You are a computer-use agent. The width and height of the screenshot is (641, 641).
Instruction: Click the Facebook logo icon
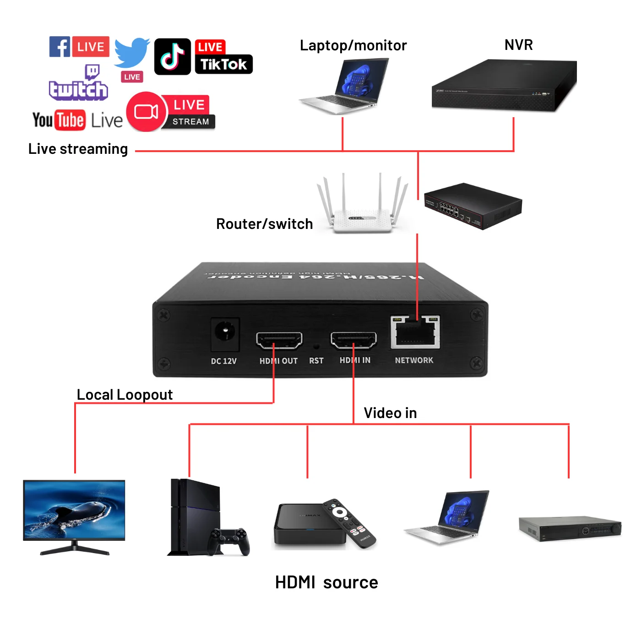pos(60,47)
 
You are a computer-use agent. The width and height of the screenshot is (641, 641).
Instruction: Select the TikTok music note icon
pos(172,57)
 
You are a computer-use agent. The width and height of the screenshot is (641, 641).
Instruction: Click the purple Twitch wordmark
pos(78,90)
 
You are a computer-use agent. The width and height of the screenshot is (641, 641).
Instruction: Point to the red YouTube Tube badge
pos(70,120)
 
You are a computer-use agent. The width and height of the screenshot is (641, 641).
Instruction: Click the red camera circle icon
pos(146,112)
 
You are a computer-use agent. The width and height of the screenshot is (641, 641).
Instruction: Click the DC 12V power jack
pos(225,333)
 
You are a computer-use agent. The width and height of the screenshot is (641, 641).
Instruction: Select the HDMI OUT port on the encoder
pos(279,341)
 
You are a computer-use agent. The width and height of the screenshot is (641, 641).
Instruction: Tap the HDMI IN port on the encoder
pos(353,340)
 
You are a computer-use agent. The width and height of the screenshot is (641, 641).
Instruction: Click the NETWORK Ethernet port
pos(415,333)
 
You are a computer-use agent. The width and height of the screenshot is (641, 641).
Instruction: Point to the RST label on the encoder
pos(316,361)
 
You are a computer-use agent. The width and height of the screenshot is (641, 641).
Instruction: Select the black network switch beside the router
pos(473,206)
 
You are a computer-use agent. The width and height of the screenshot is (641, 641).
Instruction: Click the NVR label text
pos(518,45)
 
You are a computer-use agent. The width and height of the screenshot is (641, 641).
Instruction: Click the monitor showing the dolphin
pos(74,511)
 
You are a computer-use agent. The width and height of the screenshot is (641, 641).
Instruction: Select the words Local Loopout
pos(125,395)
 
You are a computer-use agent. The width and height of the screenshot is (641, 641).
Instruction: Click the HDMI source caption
pos(326,582)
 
